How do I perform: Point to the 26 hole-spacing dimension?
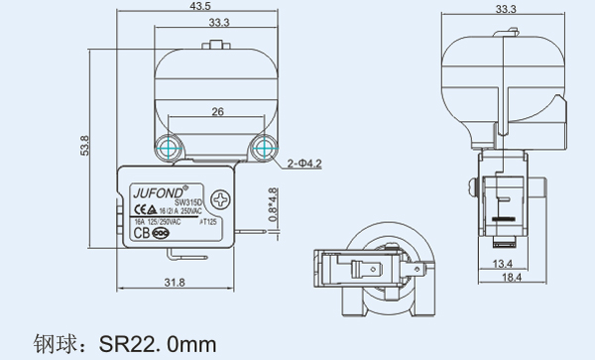click(x=217, y=114)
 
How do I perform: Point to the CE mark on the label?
click(x=144, y=210)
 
